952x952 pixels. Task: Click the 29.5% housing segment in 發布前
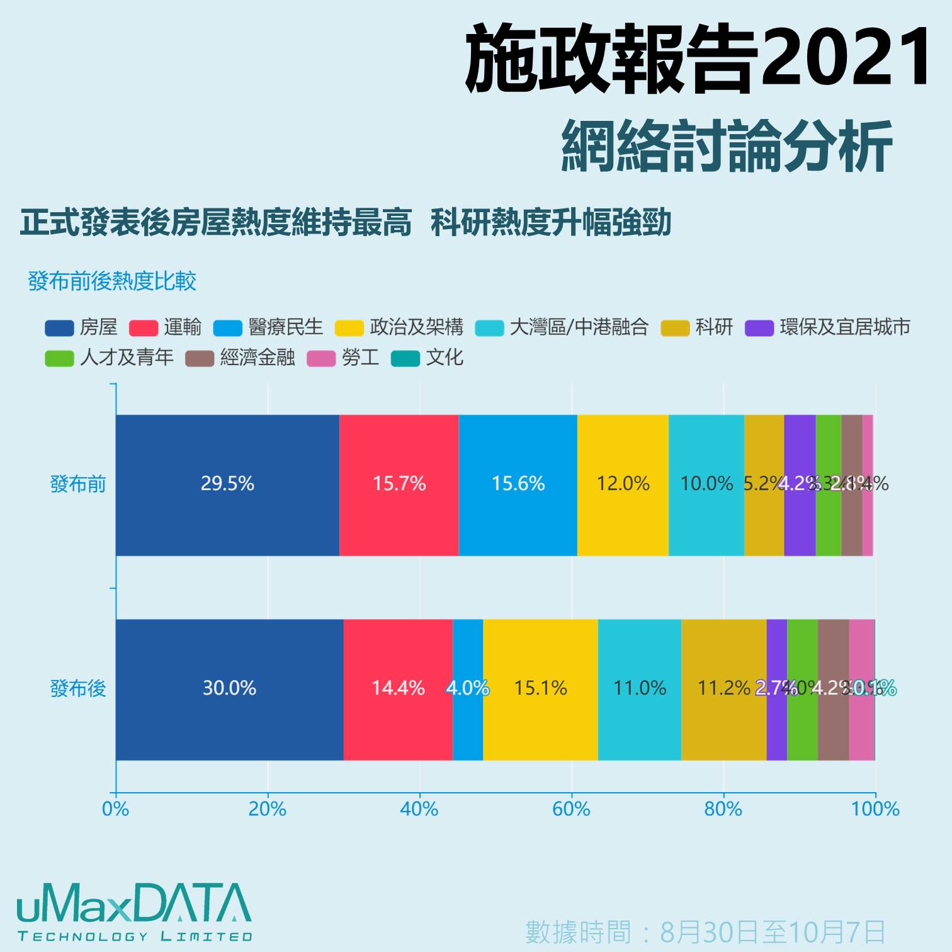click(227, 485)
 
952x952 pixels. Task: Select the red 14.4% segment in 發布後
click(398, 689)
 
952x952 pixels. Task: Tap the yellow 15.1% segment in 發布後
click(540, 689)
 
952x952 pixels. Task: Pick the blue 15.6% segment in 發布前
click(518, 485)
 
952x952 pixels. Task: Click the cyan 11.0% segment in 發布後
click(639, 689)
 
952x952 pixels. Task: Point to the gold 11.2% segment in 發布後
click(723, 689)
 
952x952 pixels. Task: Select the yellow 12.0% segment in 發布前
click(623, 485)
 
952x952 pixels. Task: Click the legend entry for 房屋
click(82, 327)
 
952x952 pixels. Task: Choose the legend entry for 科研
click(698, 327)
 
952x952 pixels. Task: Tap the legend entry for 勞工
click(343, 358)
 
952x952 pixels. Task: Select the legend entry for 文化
click(428, 358)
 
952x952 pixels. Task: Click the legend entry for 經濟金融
click(241, 358)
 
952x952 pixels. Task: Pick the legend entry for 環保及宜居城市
click(828, 327)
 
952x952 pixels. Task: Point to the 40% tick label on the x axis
click(419, 809)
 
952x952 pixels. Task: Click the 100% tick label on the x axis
click(875, 809)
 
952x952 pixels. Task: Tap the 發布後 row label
click(78, 688)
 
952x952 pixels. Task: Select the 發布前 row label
click(78, 484)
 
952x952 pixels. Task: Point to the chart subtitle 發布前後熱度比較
click(112, 281)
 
